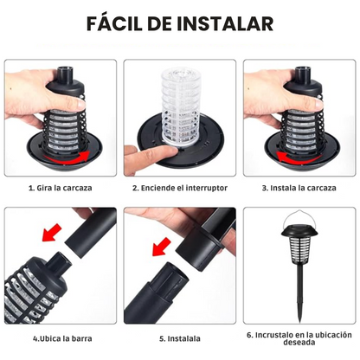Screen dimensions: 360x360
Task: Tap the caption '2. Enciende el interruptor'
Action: click(179, 187)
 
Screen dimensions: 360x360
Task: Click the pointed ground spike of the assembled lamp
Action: click(300, 308)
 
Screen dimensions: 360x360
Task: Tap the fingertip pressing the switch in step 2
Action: click(144, 156)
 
